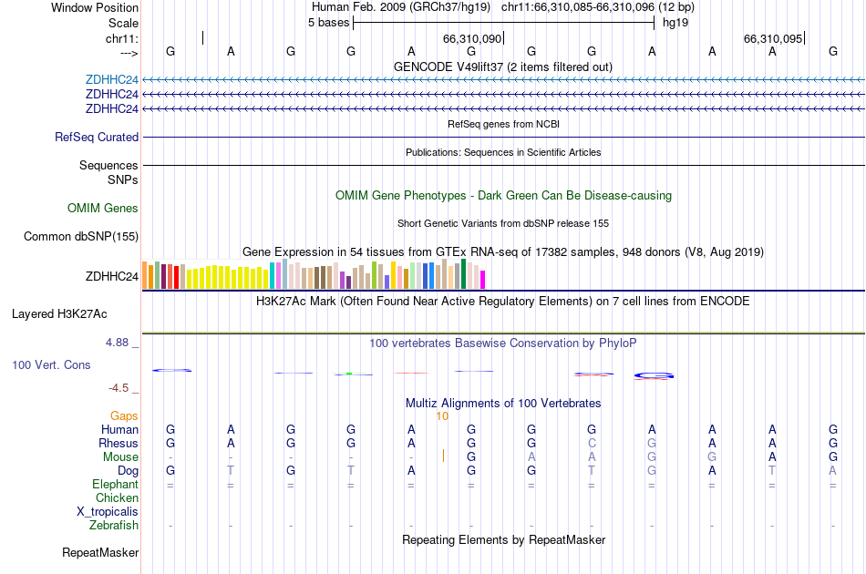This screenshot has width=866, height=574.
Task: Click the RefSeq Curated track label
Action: coord(97,138)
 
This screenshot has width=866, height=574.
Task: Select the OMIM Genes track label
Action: coord(103,209)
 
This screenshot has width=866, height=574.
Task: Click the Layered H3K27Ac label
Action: coord(59,314)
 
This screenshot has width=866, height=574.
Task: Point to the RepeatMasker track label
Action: coord(100,553)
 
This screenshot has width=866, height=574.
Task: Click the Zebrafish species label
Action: coord(114,526)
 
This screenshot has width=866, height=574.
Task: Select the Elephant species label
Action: coord(115,485)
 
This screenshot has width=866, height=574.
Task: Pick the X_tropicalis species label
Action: coord(108,512)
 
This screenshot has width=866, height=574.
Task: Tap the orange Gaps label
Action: coord(124,416)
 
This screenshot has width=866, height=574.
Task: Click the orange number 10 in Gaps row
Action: coord(442,416)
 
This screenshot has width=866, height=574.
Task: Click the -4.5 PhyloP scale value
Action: coord(119,388)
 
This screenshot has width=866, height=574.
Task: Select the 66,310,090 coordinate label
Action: coord(471,39)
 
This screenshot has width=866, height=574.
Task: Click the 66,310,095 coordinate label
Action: coord(773,39)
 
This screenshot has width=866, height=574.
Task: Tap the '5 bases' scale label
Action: coord(328,23)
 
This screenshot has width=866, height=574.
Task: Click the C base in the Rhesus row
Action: coord(592,444)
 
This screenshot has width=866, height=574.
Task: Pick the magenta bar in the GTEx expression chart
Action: coord(482,279)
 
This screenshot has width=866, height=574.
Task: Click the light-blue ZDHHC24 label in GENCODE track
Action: coord(112,80)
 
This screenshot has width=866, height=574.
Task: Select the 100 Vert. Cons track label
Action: coord(51,365)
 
